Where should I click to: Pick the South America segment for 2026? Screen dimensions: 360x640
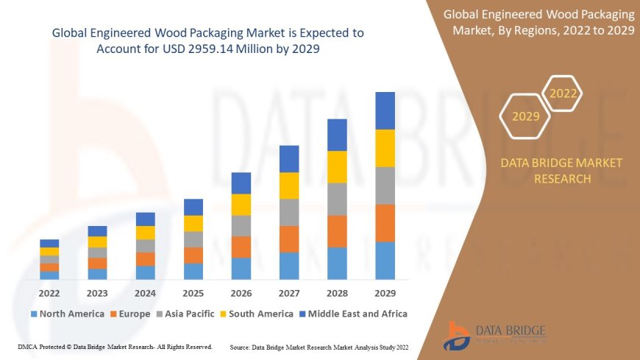241,205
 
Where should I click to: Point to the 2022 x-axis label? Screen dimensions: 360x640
49,292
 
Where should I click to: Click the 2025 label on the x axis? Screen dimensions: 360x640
193,292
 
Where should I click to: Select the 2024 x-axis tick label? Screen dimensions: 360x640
145,292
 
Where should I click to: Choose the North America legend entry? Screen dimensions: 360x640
67,314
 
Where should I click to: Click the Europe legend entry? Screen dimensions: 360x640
130,314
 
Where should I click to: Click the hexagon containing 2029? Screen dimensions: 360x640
525,116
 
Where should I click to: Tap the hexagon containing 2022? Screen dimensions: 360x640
563,93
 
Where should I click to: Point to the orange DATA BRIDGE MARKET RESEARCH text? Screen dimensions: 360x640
561,171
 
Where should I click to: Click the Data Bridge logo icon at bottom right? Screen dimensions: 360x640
457,336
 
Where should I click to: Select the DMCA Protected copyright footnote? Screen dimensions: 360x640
115,346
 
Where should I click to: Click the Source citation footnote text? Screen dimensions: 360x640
319,346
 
